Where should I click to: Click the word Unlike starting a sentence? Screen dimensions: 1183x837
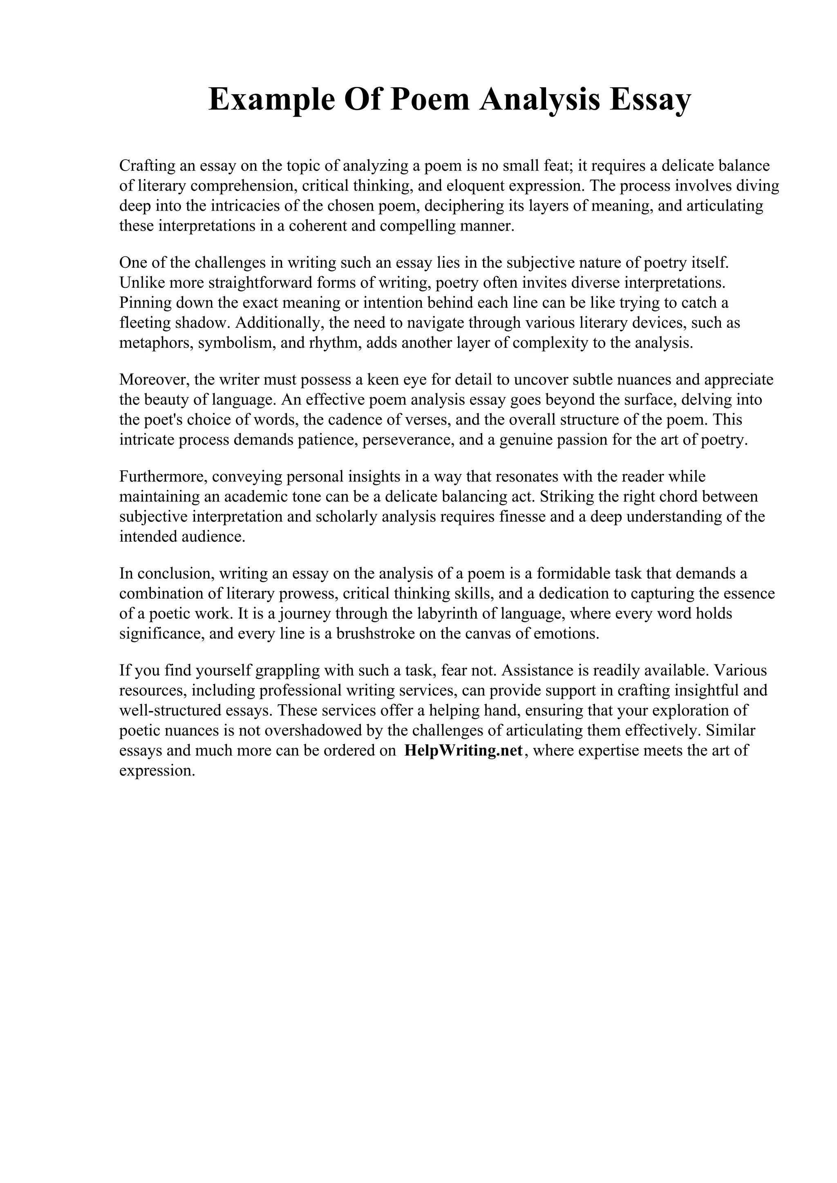[x=142, y=283]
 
